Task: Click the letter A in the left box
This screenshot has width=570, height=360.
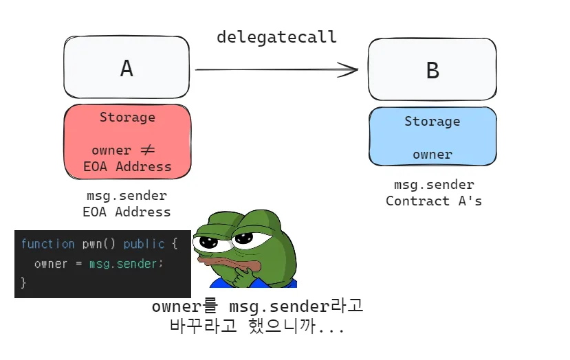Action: point(127,68)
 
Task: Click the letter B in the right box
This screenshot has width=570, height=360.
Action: point(432,71)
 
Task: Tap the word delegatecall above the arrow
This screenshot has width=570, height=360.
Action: point(276,37)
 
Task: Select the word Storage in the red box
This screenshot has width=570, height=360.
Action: point(128,117)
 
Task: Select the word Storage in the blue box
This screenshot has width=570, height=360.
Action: point(432,122)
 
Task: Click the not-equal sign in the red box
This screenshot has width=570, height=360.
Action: point(148,150)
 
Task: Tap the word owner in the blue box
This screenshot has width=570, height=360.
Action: point(432,155)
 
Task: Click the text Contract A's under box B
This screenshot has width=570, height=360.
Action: point(434,201)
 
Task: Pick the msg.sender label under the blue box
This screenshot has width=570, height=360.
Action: point(434,185)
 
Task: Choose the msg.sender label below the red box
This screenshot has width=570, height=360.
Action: point(127,196)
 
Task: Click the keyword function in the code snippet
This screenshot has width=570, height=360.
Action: point(47,244)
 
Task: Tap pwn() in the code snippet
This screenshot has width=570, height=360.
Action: point(98,244)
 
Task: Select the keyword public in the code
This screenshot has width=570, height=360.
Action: point(144,244)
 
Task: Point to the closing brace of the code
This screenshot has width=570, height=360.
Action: point(23,282)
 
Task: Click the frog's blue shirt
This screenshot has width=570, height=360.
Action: point(254,283)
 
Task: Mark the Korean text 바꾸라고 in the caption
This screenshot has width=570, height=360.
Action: point(204,326)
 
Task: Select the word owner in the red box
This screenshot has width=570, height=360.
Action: point(111,150)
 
